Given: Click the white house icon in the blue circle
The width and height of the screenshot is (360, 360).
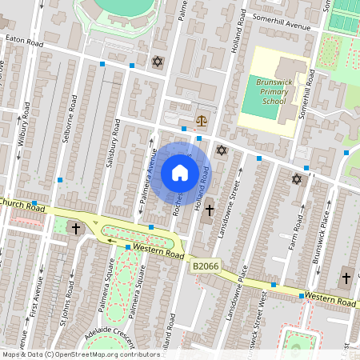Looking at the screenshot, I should point(180,172).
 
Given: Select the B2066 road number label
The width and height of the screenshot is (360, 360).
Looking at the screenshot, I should point(204,266).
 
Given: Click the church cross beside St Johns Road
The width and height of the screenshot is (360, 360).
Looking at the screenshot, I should point(77,229).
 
